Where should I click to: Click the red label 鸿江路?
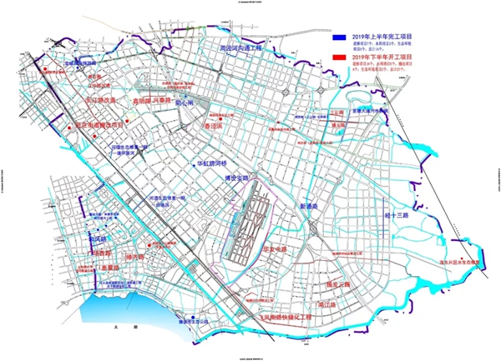click(326, 305)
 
